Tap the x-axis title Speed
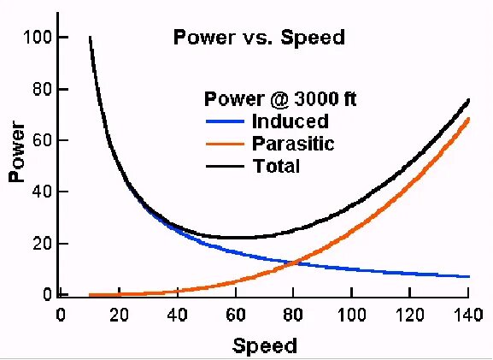click(x=265, y=345)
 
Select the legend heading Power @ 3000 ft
click(x=279, y=99)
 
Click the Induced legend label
click(x=291, y=121)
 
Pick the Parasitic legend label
click(x=294, y=144)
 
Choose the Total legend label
click(x=277, y=166)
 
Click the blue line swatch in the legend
click(x=224, y=121)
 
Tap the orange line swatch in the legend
click(x=224, y=144)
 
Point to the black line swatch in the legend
click(x=224, y=166)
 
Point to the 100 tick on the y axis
click(x=37, y=38)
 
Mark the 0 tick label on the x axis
click(x=61, y=314)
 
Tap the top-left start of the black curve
click(x=90, y=38)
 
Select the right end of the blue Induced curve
click(x=469, y=276)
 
